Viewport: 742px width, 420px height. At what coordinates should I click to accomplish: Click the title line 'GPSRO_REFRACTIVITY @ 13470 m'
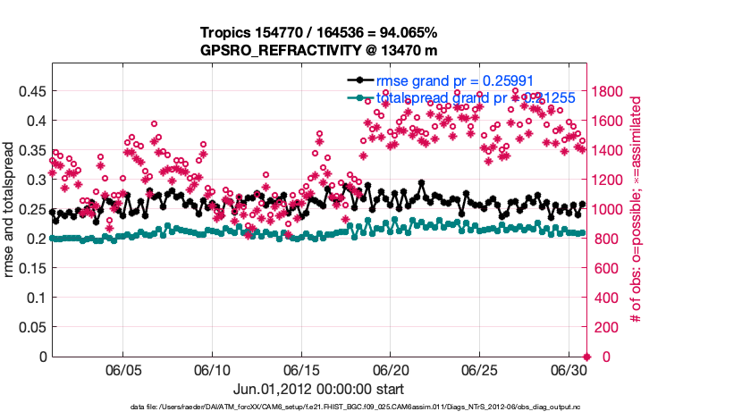(318, 51)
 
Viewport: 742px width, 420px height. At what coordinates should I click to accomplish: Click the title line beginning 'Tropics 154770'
(318, 34)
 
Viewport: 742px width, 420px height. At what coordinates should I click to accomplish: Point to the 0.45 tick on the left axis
(33, 91)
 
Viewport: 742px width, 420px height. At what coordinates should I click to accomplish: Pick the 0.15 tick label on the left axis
(33, 268)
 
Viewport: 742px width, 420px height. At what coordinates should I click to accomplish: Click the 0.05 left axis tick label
(33, 327)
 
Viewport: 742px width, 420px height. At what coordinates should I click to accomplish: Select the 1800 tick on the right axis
(611, 91)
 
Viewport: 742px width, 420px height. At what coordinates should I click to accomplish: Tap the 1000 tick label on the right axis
(611, 209)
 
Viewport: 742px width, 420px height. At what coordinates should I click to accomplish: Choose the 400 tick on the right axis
(607, 298)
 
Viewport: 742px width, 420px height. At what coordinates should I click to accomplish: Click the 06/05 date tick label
(124, 370)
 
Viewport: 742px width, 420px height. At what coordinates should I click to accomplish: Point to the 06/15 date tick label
(302, 370)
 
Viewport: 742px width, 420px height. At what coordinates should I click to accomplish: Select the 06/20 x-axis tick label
(391, 370)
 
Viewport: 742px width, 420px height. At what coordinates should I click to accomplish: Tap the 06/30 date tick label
(569, 370)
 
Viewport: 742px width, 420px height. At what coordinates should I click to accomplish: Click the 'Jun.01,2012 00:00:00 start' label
(318, 390)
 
